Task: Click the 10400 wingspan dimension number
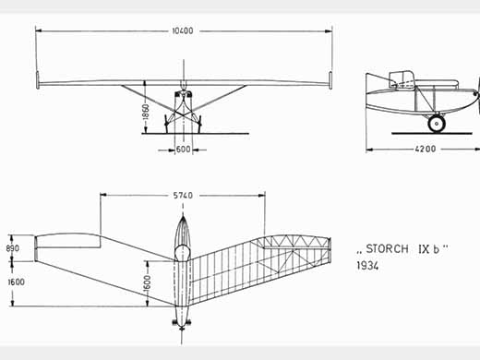pos(183,30)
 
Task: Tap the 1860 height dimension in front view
pos(146,112)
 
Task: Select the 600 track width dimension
pos(183,150)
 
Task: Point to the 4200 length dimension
pos(426,149)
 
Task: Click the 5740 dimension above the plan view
pos(183,196)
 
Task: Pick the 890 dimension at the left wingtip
pos(13,248)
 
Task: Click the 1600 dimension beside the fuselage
pos(148,283)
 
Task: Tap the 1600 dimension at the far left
pos(16,282)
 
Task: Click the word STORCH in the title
pos(387,248)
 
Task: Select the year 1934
pos(367,265)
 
